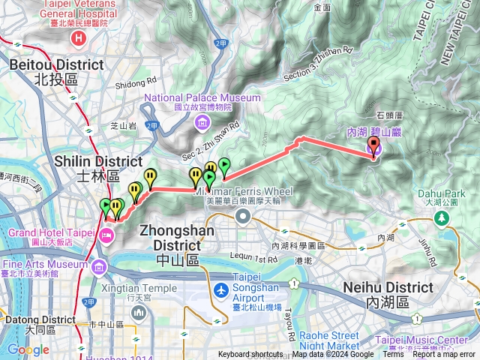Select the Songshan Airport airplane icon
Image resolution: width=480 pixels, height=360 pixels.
221,290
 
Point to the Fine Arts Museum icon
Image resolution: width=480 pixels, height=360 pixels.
99,265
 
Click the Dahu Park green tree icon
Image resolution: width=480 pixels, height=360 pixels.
442,218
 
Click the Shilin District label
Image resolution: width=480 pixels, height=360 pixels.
98,167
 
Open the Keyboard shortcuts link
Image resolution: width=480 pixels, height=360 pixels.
250,355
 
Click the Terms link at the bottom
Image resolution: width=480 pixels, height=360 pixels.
393,355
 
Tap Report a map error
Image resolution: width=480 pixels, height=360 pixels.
444,355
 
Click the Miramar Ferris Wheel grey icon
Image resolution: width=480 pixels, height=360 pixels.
242,217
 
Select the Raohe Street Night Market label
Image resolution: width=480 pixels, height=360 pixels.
330,340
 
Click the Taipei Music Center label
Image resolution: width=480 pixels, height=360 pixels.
436,340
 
